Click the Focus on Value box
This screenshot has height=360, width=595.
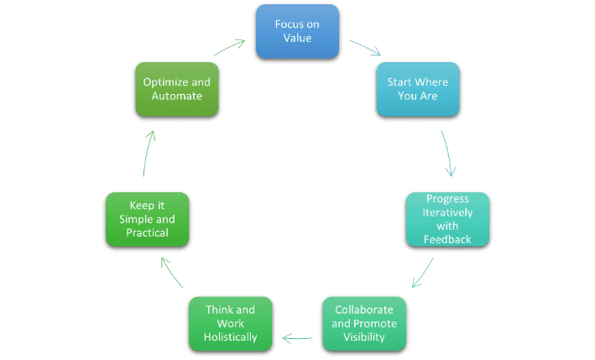(x=296, y=32)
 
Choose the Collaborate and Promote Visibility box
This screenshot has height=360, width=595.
(x=365, y=323)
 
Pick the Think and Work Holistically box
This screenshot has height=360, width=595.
(x=229, y=323)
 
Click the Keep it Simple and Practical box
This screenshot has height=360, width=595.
(x=147, y=218)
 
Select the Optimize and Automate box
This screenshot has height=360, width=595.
(x=176, y=90)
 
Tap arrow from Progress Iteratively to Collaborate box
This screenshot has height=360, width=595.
(x=423, y=272)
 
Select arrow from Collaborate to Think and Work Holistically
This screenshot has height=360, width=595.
(x=298, y=339)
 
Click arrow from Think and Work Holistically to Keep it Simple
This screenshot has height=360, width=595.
(x=171, y=272)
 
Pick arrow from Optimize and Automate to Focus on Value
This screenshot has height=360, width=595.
(x=230, y=48)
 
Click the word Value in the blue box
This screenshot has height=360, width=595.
(x=296, y=39)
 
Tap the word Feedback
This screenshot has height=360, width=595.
(x=447, y=238)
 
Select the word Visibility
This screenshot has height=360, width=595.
(x=365, y=337)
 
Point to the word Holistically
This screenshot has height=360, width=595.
(x=229, y=337)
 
